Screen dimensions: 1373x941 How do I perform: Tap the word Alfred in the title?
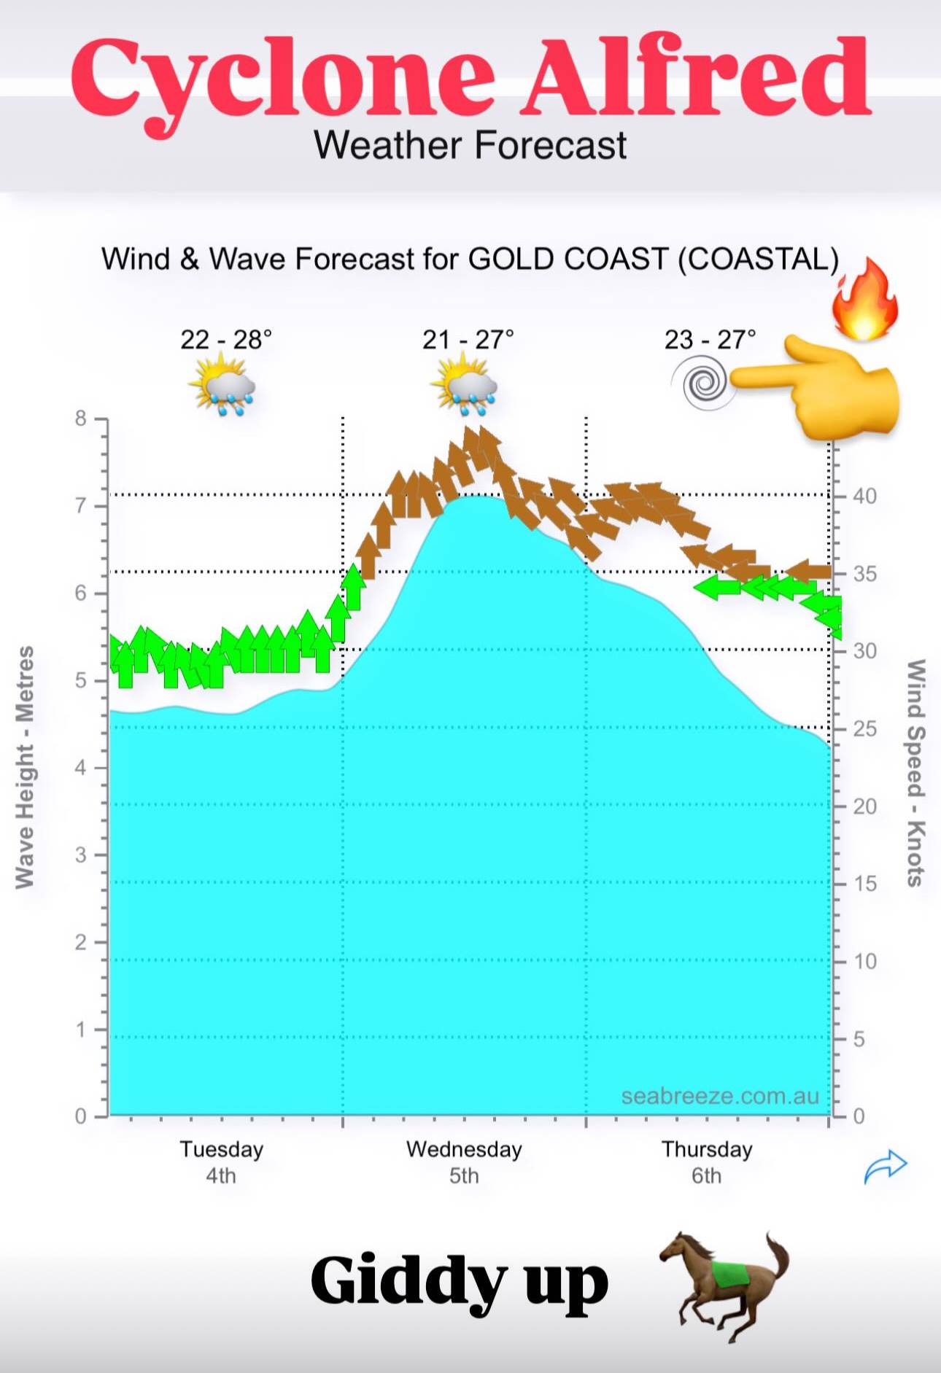point(697,76)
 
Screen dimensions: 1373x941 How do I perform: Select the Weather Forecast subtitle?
point(470,145)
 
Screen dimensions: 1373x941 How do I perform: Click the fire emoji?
point(864,300)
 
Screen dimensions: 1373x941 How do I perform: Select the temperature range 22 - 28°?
point(226,339)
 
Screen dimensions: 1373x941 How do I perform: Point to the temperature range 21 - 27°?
point(468,339)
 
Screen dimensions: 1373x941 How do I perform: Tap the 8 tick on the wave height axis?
point(81,419)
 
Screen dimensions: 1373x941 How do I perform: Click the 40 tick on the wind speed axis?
point(864,496)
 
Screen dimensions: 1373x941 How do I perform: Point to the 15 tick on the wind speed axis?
point(864,884)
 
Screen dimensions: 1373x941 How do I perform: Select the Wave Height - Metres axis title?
point(26,767)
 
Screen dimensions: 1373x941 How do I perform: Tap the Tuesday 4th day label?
point(221,1162)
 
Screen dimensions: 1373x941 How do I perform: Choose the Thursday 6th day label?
point(706,1162)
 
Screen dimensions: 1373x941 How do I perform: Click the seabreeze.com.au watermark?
point(720,1096)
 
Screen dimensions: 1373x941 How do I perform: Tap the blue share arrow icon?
point(885,1166)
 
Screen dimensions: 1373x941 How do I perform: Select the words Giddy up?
point(459,1281)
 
